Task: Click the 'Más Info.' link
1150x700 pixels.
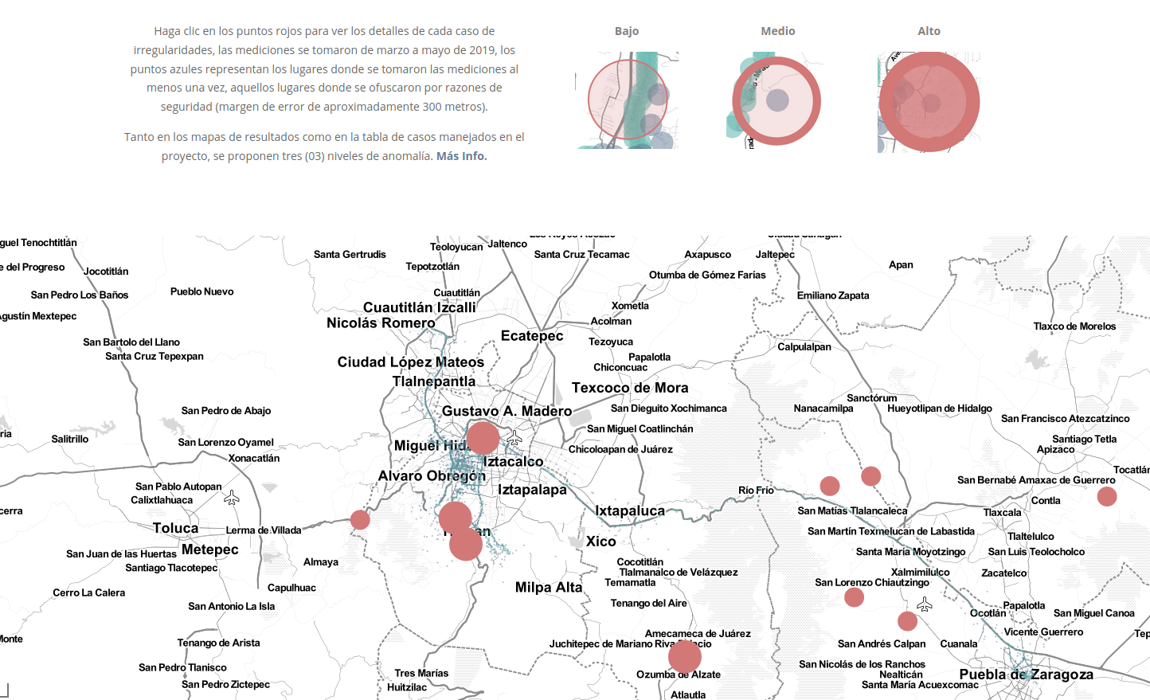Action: [x=461, y=156]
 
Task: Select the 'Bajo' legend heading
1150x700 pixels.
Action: [x=627, y=31]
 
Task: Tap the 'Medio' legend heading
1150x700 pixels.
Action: [x=777, y=31]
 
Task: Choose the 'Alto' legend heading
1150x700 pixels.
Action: [x=929, y=31]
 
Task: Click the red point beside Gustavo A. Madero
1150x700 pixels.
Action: [x=483, y=438]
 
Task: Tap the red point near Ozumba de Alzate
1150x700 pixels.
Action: [x=685, y=657]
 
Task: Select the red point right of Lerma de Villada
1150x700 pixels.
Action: [x=360, y=520]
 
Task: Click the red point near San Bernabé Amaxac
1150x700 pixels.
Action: [x=1107, y=497]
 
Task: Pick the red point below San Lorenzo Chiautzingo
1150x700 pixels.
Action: [x=855, y=597]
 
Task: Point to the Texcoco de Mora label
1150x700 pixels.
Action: [x=630, y=388]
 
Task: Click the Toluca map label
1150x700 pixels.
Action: [x=175, y=528]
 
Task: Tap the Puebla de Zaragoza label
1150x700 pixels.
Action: [x=1037, y=675]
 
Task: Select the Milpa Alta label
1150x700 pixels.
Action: [x=549, y=588]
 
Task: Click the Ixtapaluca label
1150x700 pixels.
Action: [x=630, y=510]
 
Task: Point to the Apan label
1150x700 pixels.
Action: [x=901, y=265]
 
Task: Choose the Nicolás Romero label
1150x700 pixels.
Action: [x=381, y=323]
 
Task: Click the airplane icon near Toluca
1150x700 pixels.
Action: [x=232, y=498]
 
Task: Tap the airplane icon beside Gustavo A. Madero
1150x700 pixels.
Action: [x=514, y=438]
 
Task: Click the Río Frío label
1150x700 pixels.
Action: [x=756, y=491]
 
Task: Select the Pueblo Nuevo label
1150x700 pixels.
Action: [x=201, y=291]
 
